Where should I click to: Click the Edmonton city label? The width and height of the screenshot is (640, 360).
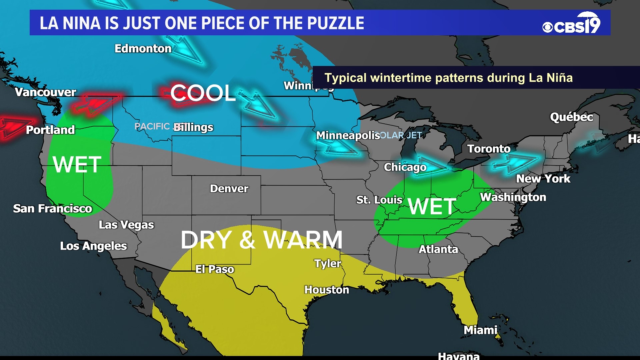143,49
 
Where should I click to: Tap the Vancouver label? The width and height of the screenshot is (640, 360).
46,92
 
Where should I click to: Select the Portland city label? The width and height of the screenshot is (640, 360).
50,130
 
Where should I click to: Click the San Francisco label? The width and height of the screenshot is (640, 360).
53,209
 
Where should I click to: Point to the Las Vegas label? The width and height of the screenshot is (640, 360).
126,225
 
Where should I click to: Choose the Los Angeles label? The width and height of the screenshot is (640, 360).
93,246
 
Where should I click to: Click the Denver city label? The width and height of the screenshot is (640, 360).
229,189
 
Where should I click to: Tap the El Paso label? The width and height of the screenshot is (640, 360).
215,269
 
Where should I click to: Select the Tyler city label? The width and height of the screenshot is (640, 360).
328,264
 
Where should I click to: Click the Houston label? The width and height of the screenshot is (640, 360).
327,290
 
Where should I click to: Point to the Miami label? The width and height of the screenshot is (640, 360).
480,330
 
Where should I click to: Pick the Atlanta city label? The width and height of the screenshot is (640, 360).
438,249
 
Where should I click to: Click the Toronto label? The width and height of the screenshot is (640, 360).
489,149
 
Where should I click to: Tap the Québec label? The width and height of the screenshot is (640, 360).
571,117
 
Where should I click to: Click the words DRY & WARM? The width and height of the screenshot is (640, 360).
262,240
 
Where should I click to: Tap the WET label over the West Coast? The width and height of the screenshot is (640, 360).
77,165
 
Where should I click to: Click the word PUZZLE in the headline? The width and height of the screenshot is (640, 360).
336,23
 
